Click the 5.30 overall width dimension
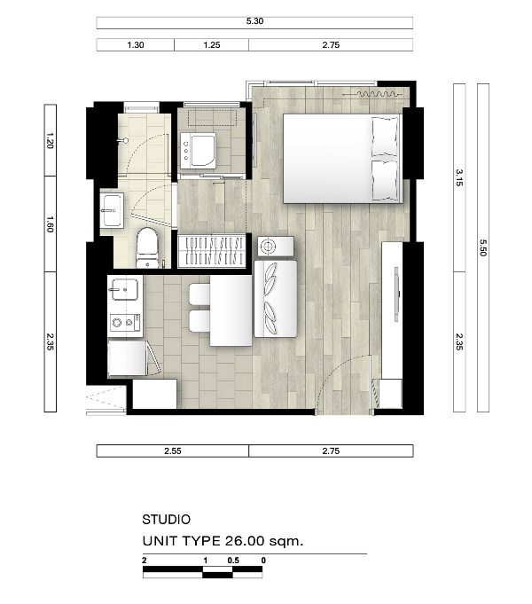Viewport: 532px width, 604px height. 254,21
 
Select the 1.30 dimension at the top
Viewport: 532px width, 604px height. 135,45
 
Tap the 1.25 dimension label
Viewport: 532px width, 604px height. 212,45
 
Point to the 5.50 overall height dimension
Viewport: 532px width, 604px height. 483,247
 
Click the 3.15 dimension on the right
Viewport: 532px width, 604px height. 459,178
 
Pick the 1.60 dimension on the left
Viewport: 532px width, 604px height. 50,224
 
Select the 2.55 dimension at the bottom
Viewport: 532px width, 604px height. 172,451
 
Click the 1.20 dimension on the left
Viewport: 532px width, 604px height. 50,141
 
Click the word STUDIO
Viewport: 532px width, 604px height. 167,520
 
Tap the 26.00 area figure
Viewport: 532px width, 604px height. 240,541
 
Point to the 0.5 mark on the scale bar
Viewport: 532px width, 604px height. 233,561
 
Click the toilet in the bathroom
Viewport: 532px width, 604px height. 147,247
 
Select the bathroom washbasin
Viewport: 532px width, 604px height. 112,210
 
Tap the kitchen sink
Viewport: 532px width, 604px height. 125,289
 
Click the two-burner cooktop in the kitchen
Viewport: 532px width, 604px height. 125,323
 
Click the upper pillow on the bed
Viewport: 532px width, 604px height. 385,137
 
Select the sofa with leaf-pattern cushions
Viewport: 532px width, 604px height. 276,299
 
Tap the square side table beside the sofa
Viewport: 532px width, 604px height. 276,247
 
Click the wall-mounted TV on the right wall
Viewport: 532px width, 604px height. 396,294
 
